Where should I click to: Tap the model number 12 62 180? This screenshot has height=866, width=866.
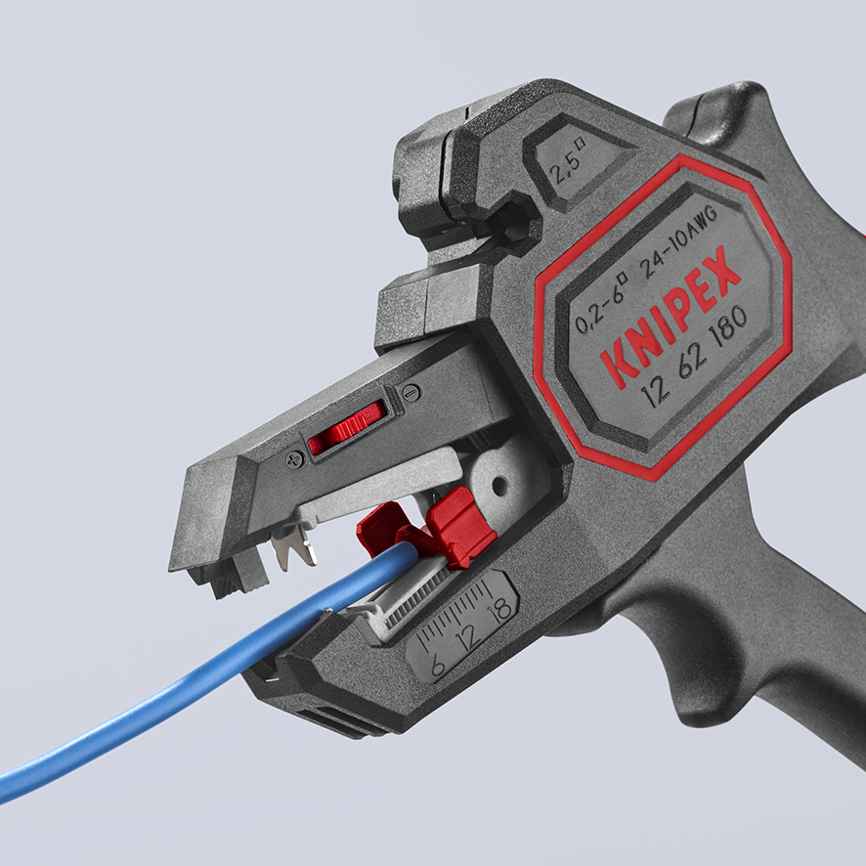(694, 357)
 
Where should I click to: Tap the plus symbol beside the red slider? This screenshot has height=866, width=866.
(294, 457)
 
